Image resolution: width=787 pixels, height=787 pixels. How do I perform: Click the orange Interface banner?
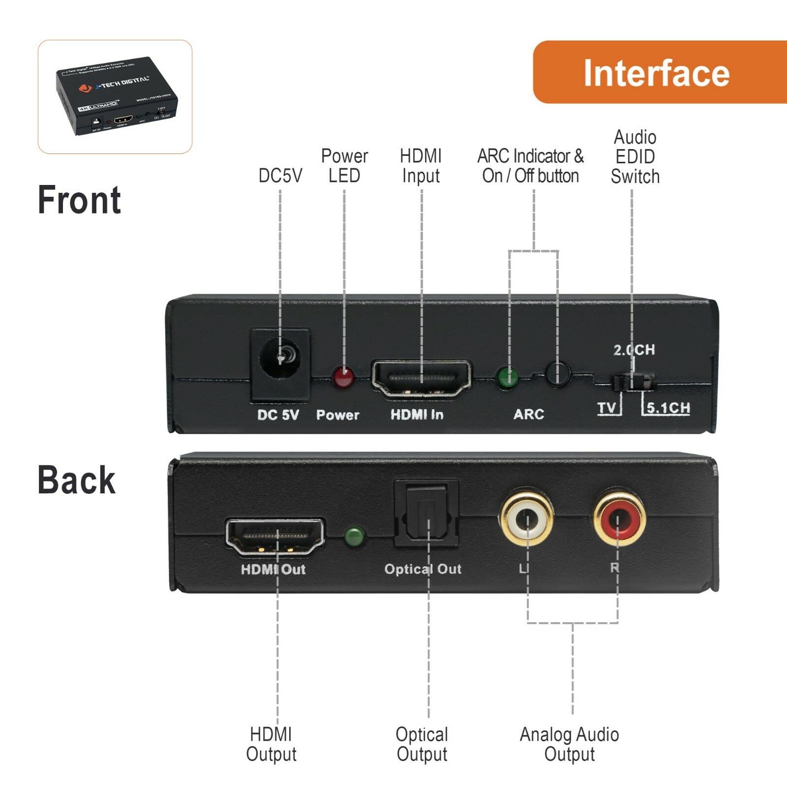pos(659,72)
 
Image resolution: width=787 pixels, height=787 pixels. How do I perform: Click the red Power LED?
pos(343,377)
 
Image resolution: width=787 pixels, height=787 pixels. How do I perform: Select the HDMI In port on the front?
pos(421,378)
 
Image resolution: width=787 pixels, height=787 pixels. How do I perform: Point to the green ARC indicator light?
pos(508,378)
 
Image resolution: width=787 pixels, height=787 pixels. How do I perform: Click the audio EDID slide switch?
pos(633,382)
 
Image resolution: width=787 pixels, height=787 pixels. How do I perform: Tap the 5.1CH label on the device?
pos(668,408)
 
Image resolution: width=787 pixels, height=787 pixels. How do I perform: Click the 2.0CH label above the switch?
pos(634,350)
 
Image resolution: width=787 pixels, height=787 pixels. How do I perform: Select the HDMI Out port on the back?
pos(275,537)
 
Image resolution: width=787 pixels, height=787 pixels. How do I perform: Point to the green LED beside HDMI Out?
pos(354,537)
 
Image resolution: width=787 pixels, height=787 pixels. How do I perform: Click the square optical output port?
pos(426,514)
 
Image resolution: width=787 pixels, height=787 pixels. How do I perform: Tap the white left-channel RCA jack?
pos(526,519)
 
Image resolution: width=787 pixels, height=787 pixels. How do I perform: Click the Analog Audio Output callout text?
pos(569,744)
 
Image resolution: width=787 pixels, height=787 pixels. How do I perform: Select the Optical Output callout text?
pos(422,744)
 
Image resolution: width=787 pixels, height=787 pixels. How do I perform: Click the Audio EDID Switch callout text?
pos(635,157)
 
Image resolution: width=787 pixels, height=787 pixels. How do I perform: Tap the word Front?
pos(79,200)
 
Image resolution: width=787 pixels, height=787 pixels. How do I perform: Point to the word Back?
pos(76,480)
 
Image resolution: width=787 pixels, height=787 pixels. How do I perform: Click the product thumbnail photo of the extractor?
pos(115,96)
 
